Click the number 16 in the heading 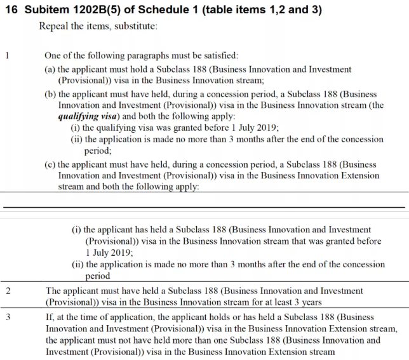pos(11,10)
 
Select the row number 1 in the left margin pos(6,55)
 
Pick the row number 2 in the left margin pos(6,291)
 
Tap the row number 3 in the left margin pos(6,316)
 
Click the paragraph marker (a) pos(50,69)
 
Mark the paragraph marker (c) pos(50,163)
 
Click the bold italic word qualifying pos(80,117)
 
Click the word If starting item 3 pos(49,316)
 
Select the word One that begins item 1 pos(53,55)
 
